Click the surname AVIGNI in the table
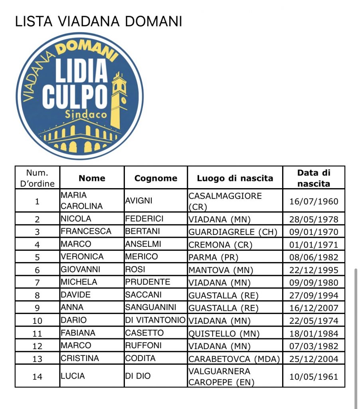point(139,201)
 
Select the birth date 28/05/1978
point(314,219)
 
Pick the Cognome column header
point(156,179)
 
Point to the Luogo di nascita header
point(235,179)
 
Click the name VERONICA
point(82,256)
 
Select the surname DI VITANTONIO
point(155,320)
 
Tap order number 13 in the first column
point(37,359)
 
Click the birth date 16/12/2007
point(314,308)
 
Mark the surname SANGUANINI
point(150,308)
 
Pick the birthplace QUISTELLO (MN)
point(224,334)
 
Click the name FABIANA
point(78,333)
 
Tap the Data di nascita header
point(314,179)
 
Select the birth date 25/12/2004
point(314,359)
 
